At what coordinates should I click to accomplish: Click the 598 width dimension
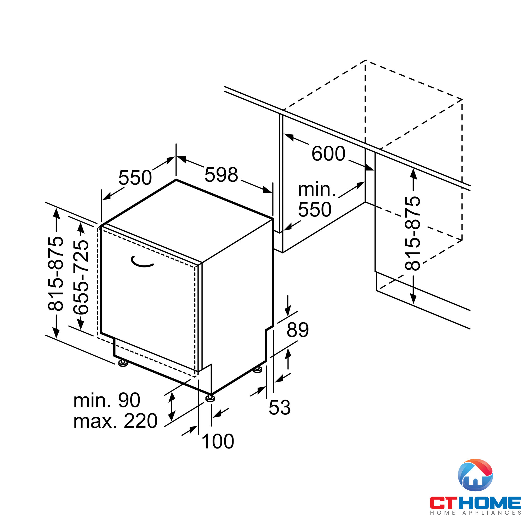click(221, 175)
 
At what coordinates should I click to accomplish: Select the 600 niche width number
click(328, 154)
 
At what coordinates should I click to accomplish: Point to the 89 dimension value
click(298, 330)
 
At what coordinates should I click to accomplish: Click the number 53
click(280, 407)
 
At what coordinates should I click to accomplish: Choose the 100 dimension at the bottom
click(218, 441)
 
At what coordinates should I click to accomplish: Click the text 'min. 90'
click(107, 400)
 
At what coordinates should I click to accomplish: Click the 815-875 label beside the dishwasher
click(55, 273)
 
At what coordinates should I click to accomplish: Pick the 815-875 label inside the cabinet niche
click(412, 233)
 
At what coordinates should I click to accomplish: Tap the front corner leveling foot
click(210, 398)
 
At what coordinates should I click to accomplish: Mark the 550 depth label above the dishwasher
click(135, 178)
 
